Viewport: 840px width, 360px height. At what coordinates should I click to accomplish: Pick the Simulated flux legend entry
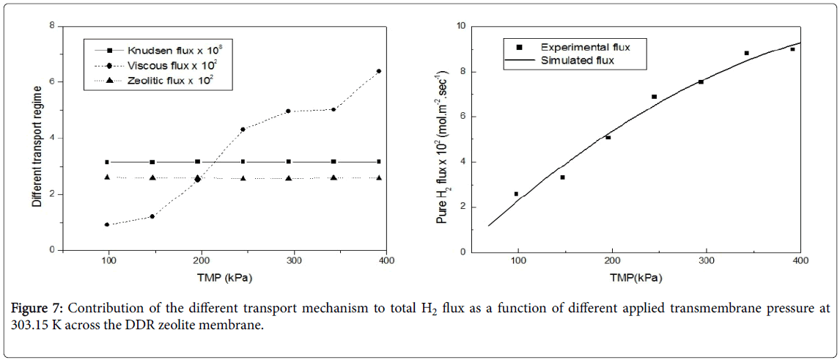click(578, 60)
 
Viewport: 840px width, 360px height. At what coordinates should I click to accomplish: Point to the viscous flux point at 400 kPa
click(378, 71)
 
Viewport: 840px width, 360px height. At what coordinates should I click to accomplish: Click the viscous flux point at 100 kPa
click(107, 224)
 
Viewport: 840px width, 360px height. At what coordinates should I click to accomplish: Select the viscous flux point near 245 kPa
click(243, 129)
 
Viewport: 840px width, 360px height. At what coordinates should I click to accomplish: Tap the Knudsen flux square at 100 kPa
click(107, 162)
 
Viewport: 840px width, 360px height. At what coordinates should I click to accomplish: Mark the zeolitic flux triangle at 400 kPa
click(379, 177)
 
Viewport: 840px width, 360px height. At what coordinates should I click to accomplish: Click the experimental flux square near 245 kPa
click(654, 97)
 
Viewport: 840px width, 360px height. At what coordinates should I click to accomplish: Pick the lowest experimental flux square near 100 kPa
click(516, 194)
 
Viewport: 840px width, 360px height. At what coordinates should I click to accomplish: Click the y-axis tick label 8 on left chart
click(52, 26)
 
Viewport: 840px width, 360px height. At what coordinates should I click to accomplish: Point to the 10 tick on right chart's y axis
click(460, 26)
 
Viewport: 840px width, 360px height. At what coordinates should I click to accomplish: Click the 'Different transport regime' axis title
click(37, 137)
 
